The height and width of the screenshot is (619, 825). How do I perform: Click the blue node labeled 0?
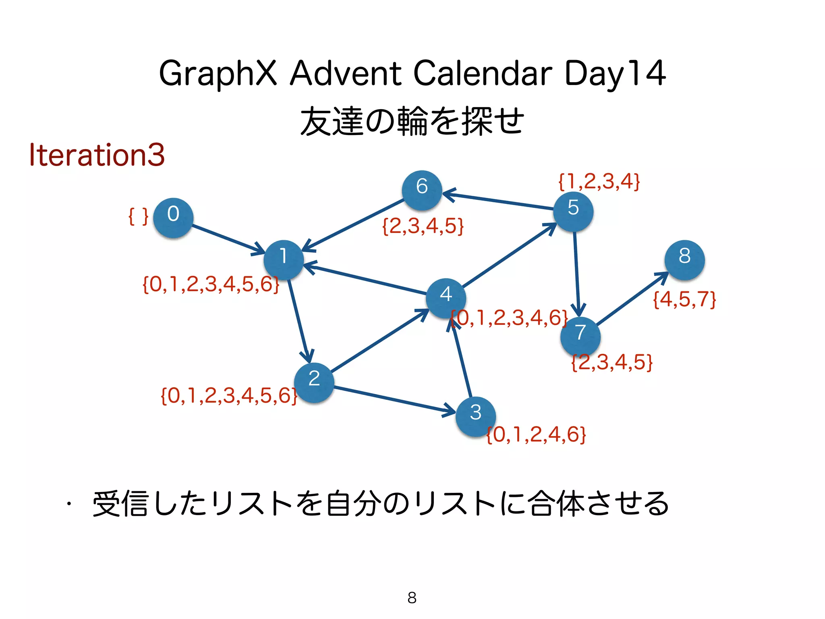(x=173, y=218)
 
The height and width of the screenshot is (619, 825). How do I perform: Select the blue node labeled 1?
(x=284, y=260)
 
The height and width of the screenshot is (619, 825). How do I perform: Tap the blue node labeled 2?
(x=314, y=382)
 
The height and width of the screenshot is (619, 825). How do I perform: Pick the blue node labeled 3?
(x=476, y=416)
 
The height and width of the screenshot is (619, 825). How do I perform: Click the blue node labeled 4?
(x=446, y=298)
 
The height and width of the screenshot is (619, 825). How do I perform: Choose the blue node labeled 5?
(x=573, y=212)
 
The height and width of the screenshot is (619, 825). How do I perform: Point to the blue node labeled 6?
(x=422, y=190)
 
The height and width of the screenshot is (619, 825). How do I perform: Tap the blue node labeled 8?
(x=684, y=260)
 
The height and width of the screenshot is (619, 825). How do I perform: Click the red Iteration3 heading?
(x=97, y=155)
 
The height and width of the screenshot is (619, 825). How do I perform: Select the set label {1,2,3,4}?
(x=599, y=181)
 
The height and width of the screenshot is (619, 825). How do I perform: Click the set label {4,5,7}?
(x=684, y=299)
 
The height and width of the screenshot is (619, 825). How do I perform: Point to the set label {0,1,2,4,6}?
(x=536, y=434)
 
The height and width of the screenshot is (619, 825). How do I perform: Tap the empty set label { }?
(x=138, y=216)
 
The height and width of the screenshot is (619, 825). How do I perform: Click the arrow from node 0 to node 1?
(x=228, y=239)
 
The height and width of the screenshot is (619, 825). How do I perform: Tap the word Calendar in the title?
(x=483, y=73)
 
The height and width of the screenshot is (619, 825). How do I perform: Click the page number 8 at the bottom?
(x=412, y=598)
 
